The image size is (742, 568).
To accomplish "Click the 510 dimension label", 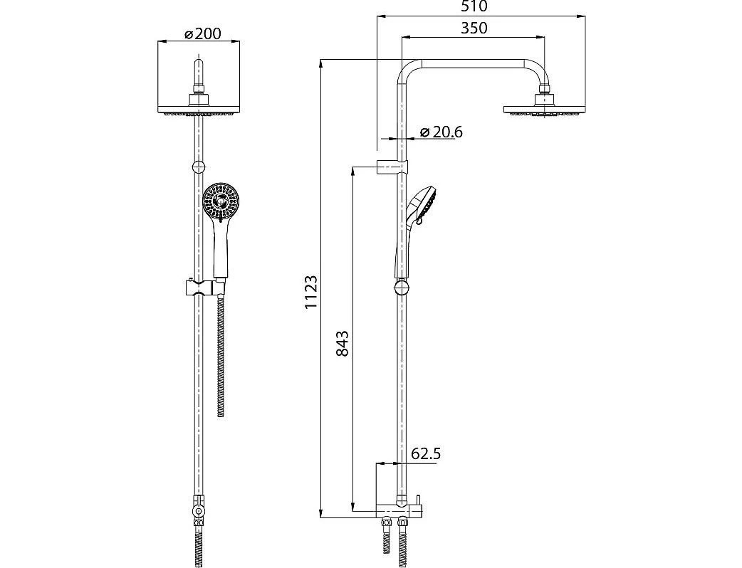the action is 474,6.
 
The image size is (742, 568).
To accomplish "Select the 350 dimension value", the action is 474,28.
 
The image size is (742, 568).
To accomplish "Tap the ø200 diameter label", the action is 202,34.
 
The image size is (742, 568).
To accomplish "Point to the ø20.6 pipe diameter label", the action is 441,132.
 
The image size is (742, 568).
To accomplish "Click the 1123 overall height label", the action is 311,293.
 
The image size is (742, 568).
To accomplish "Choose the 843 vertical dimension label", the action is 342,343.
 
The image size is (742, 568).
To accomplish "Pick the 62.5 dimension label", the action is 426,454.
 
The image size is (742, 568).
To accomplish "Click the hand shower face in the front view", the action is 221,202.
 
